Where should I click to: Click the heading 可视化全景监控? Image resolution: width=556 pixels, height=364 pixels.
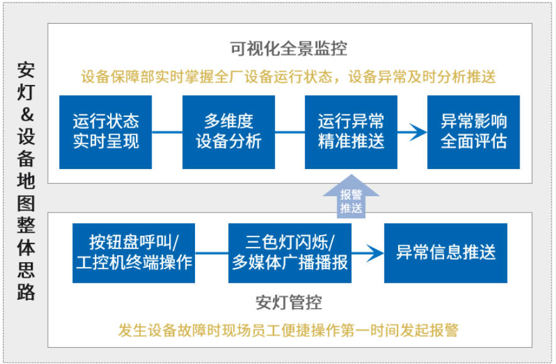[x=289, y=48]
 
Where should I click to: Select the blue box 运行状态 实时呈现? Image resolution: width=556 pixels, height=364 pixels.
[x=106, y=132]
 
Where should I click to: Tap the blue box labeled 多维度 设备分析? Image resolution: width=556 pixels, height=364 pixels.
[x=228, y=132]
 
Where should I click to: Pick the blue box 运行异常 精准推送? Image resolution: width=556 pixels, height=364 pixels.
[x=351, y=132]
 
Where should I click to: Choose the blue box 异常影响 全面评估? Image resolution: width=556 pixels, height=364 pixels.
[x=474, y=132]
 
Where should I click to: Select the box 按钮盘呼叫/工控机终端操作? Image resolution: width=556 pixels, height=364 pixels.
[x=134, y=253]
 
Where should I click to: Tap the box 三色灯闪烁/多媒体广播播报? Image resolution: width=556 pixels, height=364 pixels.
[x=290, y=253]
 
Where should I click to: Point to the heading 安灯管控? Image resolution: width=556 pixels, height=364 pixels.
[x=289, y=303]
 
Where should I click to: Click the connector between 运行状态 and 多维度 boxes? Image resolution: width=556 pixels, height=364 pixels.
[x=167, y=132]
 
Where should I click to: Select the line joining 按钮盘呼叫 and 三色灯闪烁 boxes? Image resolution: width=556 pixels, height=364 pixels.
[x=211, y=253]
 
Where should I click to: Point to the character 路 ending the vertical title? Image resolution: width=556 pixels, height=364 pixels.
[x=26, y=293]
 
